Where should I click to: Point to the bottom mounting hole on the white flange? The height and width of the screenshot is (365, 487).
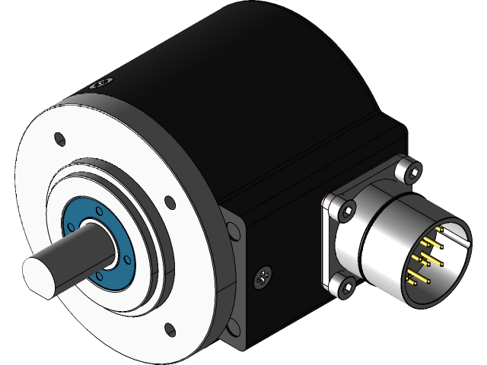[x=168, y=329]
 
